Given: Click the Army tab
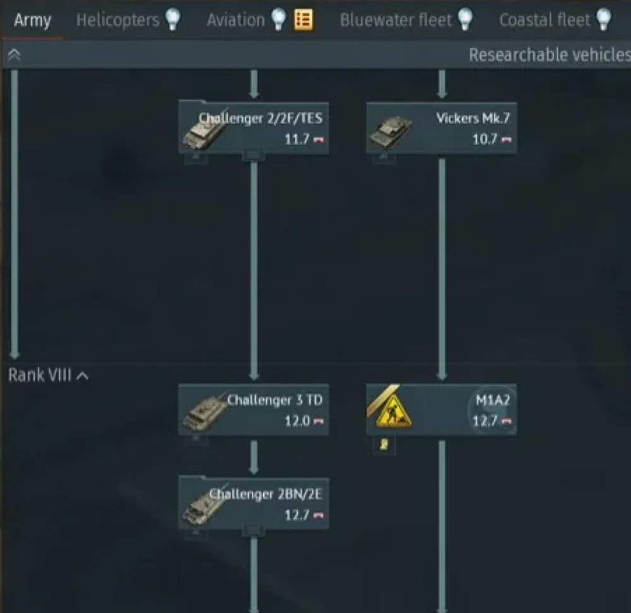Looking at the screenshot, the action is click(32, 20).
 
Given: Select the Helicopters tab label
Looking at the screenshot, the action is click(117, 20).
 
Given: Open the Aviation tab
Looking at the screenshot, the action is click(236, 20).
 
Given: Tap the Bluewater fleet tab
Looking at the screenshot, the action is click(396, 20).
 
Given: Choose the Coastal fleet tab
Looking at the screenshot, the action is click(545, 20).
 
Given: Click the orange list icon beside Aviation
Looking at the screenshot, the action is click(304, 20).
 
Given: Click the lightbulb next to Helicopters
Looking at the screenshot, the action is click(173, 20).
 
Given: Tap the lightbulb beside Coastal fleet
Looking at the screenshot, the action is click(604, 20).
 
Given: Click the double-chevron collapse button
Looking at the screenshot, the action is click(14, 54).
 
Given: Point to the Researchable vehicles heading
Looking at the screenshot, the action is click(550, 55).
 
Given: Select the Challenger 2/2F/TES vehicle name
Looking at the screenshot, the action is click(261, 118).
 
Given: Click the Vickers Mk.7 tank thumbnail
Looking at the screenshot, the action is click(391, 132).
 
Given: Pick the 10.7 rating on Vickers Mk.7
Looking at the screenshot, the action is click(485, 140).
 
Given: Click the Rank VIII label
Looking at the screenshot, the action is click(40, 375).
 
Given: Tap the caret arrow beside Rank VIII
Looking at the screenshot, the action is click(83, 376).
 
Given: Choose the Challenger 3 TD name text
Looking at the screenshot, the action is click(275, 400).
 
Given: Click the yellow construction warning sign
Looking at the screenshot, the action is click(393, 412).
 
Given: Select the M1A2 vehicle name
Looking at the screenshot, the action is click(493, 400).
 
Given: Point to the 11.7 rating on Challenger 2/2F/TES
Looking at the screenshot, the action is click(297, 140).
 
